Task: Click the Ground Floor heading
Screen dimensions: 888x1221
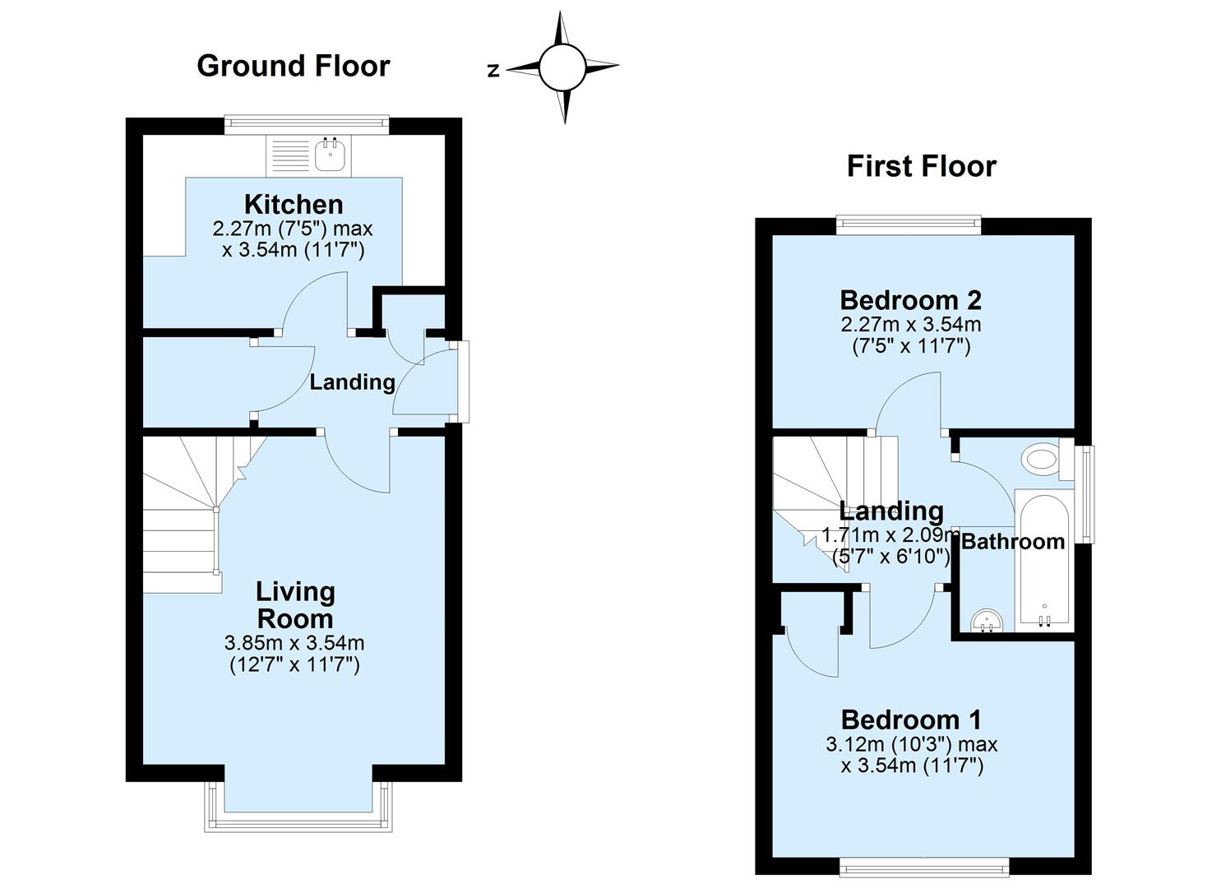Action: point(293,66)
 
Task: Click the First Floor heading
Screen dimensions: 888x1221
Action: point(921,167)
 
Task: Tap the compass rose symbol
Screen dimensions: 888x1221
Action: point(562,67)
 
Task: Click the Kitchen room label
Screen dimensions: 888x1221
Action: point(294,204)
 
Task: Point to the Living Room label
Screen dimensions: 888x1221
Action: point(294,605)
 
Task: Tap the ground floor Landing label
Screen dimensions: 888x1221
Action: point(352,382)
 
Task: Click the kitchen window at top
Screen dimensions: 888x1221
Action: point(307,123)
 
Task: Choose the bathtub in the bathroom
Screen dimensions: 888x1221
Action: point(1043,559)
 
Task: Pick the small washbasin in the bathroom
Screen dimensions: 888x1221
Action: point(987,621)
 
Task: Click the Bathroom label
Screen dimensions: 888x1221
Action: point(1012,542)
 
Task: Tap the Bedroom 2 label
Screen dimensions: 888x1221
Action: point(910,300)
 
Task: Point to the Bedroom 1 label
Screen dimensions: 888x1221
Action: point(910,720)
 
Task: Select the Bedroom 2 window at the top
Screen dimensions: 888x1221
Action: point(909,223)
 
